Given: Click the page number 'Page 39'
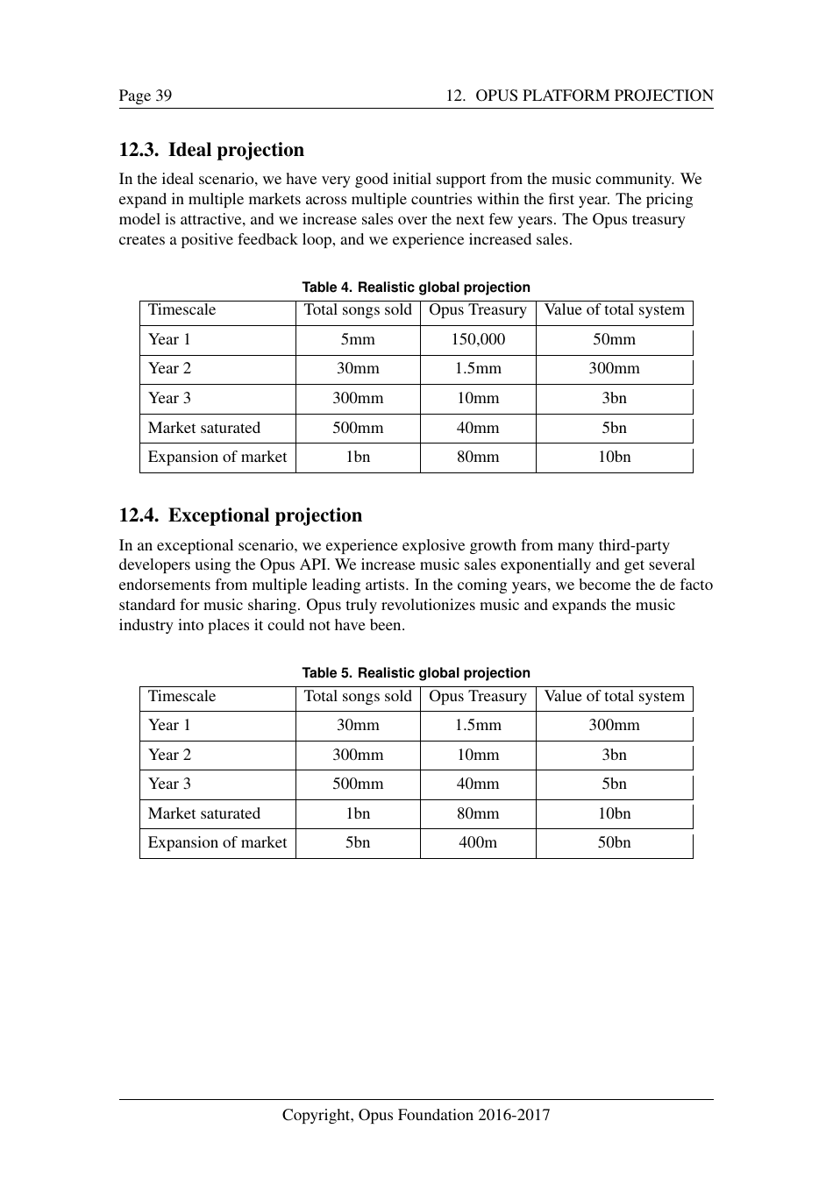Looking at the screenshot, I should pyautogui.click(x=146, y=96).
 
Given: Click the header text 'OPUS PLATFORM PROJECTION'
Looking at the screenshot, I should pyautogui.click(x=594, y=96).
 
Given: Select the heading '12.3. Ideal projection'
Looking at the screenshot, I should pyautogui.click(x=211, y=150).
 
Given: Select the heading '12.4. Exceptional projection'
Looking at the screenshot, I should pyautogui.click(x=240, y=515).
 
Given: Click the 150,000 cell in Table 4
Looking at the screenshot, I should pyautogui.click(x=478, y=339).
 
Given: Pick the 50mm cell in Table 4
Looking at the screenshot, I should pyautogui.click(x=614, y=339).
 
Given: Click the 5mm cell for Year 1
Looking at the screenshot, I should pyautogui.click(x=358, y=339).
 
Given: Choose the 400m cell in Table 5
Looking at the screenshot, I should pyautogui.click(x=478, y=842).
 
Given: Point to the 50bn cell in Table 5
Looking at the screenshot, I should pyautogui.click(x=614, y=842).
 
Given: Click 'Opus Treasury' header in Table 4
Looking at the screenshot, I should pyautogui.click(x=478, y=309).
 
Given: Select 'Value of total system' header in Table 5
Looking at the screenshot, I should pyautogui.click(x=614, y=696).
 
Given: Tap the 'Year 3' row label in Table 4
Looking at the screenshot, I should pyautogui.click(x=169, y=398).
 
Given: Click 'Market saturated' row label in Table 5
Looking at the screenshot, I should pyautogui.click(x=203, y=813).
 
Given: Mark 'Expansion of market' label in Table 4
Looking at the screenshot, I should pyautogui.click(x=217, y=457).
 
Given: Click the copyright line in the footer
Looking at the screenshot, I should pyautogui.click(x=416, y=1115).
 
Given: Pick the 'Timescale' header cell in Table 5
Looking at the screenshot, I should pyautogui.click(x=182, y=696).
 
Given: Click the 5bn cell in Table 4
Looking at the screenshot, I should pyautogui.click(x=614, y=428).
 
